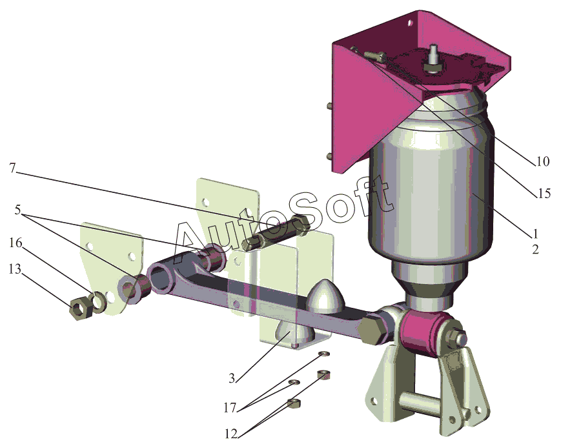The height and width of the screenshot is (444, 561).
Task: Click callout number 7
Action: click(13, 167)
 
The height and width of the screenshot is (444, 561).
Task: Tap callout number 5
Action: click(18, 210)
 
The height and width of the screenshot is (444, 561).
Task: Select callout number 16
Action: click(15, 243)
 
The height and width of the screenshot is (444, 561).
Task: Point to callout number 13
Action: click(15, 269)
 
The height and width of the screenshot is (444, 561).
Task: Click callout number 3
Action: click(232, 378)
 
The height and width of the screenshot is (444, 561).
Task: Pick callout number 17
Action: click(230, 407)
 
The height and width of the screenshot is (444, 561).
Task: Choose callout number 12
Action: click(231, 434)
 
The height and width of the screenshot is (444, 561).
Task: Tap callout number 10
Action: click(543, 161)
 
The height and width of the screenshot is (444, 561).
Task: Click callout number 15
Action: click(544, 194)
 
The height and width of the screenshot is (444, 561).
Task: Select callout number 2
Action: click(535, 249)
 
